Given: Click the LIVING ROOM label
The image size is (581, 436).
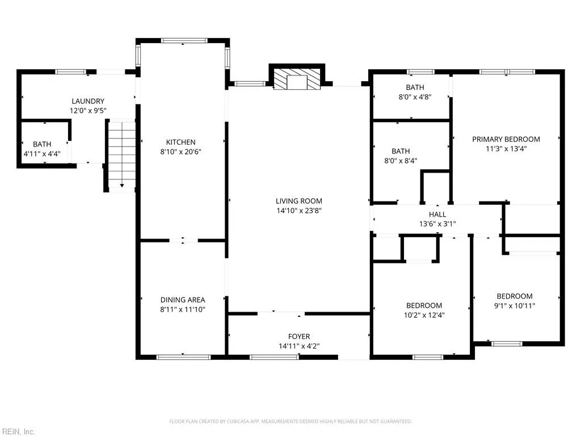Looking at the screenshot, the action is click(x=299, y=201).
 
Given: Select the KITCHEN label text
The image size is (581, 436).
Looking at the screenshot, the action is click(x=181, y=142).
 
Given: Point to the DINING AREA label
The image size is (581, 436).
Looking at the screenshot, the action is click(x=183, y=300).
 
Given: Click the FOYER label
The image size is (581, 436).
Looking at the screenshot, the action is click(x=299, y=336).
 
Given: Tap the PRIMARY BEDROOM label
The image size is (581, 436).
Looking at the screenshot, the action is click(x=506, y=139).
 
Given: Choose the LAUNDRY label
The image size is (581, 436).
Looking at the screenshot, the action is click(x=88, y=101).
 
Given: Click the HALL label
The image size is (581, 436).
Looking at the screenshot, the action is click(x=437, y=214).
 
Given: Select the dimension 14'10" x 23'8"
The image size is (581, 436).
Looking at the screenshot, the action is click(x=299, y=211).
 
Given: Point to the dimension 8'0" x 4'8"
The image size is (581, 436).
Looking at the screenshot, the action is click(x=415, y=97).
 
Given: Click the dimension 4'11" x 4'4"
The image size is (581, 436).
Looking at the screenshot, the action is click(x=42, y=153).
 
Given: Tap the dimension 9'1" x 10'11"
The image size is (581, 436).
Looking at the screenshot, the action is click(x=515, y=306).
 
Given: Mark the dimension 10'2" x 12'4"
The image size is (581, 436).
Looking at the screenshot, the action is click(x=424, y=315).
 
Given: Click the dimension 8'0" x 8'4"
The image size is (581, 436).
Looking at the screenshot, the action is click(x=401, y=161).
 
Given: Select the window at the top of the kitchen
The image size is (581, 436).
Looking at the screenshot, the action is click(x=184, y=40).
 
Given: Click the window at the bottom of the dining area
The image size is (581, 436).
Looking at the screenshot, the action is click(x=184, y=357).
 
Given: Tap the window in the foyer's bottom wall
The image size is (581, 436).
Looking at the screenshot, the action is click(x=274, y=357).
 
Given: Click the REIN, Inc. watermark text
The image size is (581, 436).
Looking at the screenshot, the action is click(x=18, y=431).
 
